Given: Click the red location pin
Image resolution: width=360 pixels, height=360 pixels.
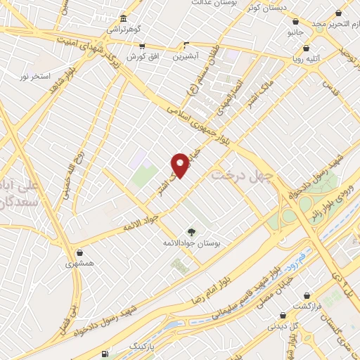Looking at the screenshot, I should [x=181, y=164].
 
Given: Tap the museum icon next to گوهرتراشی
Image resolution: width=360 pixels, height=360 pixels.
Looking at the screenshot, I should [x=123, y=18].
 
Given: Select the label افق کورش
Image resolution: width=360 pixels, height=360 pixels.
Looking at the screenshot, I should [x=141, y=56].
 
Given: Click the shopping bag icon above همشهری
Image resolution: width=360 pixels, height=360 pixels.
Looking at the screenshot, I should [x=79, y=252].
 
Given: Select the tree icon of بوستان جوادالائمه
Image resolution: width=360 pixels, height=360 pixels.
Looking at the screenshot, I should [x=191, y=231].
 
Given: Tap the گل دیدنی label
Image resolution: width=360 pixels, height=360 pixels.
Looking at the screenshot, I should [x=283, y=326].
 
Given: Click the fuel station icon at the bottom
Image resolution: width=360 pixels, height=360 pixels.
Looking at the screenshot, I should [x=105, y=353].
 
